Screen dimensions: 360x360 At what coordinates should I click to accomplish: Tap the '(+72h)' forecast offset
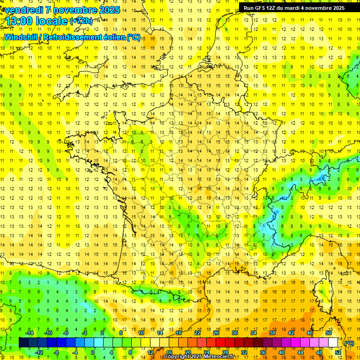[x=81, y=21]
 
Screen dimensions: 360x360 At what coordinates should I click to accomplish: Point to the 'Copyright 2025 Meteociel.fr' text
[x=199, y=357]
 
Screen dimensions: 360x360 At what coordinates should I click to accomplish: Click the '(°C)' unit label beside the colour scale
[x=349, y=343]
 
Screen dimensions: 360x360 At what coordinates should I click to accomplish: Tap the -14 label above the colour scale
[x=29, y=333]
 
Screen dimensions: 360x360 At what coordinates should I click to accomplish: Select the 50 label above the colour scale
[x=329, y=333]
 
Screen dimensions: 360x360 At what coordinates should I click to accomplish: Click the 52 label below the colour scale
[x=338, y=352]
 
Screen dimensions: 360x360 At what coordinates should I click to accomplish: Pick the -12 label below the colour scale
[x=38, y=352]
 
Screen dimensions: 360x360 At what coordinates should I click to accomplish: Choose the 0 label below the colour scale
[x=93, y=352]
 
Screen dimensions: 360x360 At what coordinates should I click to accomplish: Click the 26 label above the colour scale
[x=216, y=333]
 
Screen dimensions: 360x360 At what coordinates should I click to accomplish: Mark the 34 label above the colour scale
[x=254, y=333]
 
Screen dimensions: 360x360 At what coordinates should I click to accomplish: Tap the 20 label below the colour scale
[x=188, y=352]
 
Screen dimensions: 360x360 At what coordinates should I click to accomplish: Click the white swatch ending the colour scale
[x=333, y=343]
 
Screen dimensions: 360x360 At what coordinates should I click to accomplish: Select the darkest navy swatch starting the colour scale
[x=23, y=343]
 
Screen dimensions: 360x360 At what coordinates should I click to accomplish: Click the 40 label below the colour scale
[x=282, y=352]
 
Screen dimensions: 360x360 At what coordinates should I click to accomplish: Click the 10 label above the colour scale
[x=141, y=333]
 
